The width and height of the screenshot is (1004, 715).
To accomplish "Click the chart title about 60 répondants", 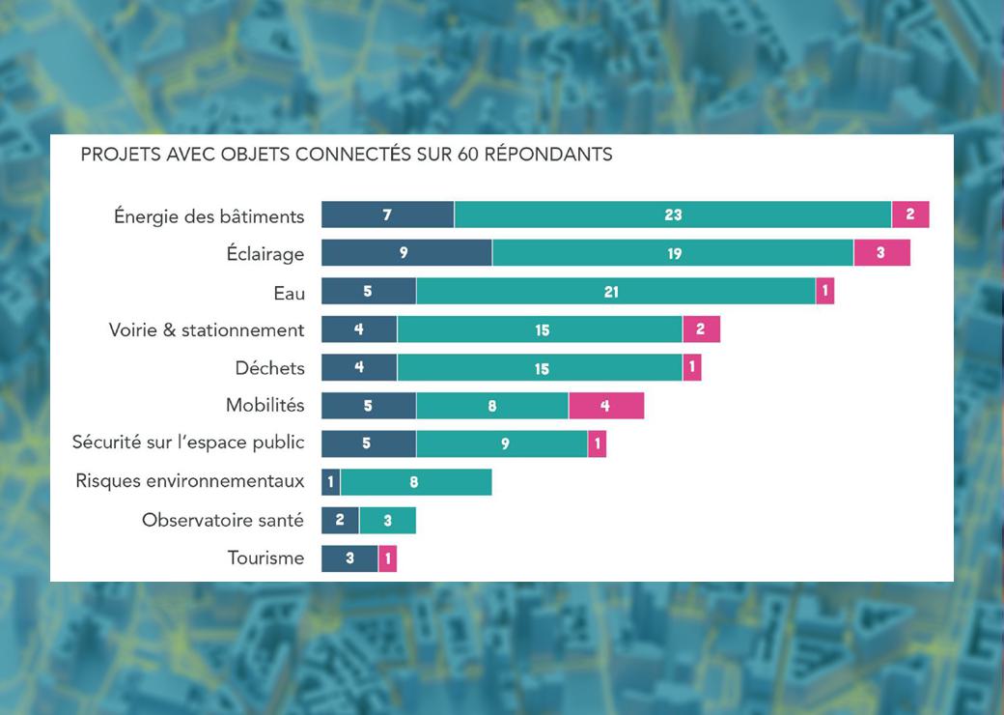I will point(346,155).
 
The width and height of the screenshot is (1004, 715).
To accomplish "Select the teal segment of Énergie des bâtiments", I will point(673,214).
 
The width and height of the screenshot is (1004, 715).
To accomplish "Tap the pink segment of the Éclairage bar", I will point(881,253).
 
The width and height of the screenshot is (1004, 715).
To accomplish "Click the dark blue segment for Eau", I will point(368,291).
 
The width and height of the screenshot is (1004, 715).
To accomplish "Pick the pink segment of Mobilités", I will point(605,406).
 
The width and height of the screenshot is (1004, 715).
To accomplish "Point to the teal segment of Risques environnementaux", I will point(415,481).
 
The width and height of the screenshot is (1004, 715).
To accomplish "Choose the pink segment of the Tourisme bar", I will point(387,558).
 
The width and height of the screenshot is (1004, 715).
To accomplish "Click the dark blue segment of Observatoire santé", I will point(340,520).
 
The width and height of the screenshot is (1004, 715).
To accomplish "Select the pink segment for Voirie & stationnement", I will point(701,329).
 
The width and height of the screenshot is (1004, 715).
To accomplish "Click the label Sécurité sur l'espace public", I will point(188,443).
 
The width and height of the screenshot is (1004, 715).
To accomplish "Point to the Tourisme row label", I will point(265,558).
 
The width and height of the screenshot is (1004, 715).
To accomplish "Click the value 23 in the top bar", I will point(673,214).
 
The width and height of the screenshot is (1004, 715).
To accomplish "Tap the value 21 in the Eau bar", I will point(611,291).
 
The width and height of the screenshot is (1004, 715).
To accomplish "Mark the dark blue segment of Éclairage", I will point(406,253).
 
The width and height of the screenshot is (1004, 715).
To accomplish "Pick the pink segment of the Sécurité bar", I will point(597,443).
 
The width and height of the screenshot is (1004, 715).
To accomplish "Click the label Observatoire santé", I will point(222,520).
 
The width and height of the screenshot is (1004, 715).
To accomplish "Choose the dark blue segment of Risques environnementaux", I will point(330,481).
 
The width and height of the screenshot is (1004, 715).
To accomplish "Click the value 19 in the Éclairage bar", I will point(673,253).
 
